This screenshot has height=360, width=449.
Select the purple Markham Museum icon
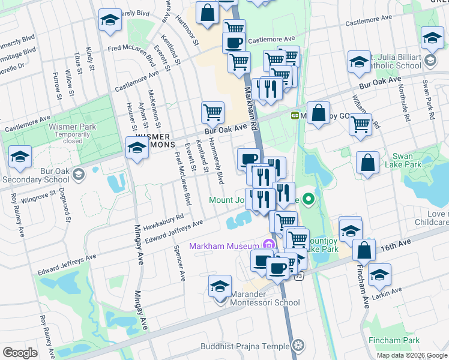point(269,245)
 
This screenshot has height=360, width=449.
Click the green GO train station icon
point(295,115)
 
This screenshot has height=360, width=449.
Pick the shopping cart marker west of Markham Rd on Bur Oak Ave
point(213,112)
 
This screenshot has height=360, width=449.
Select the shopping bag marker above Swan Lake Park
point(367,163)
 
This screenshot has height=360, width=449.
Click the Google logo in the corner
point(20,353)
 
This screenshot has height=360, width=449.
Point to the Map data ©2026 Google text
point(411,355)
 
